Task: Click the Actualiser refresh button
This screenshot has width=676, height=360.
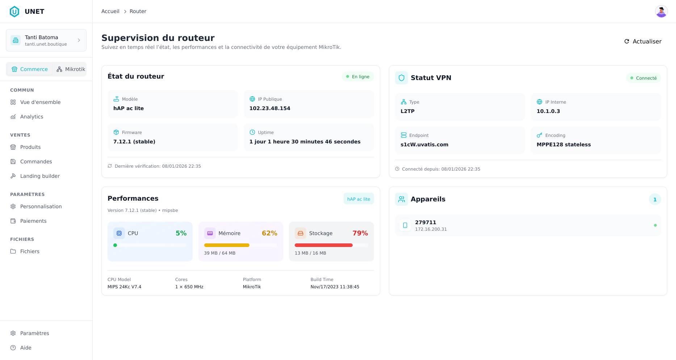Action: [643, 42]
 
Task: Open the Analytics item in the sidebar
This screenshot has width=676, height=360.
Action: [32, 117]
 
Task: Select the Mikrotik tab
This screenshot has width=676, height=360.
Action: [71, 69]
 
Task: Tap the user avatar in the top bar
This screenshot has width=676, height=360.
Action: [661, 12]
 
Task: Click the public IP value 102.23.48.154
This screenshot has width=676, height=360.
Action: [270, 108]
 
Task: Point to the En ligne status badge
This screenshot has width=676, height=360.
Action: [358, 77]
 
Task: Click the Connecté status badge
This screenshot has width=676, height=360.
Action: [643, 78]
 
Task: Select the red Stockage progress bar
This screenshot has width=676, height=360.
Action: [323, 245]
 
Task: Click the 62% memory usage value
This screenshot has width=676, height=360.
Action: [269, 233]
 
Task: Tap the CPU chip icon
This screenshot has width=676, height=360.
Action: [119, 233]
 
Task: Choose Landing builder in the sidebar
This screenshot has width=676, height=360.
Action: [40, 176]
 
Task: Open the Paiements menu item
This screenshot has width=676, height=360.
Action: [33, 221]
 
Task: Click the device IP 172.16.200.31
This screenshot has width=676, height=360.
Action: [431, 229]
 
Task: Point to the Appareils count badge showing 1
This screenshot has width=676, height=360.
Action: [655, 200]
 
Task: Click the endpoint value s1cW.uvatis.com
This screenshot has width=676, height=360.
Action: [424, 145]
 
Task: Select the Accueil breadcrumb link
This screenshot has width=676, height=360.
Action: [110, 12]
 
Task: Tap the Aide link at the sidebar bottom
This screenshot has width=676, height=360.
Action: [26, 348]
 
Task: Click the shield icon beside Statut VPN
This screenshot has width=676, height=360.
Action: [401, 78]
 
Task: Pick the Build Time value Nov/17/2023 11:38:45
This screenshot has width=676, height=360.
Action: [335, 287]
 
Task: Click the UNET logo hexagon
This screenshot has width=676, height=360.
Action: [14, 12]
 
